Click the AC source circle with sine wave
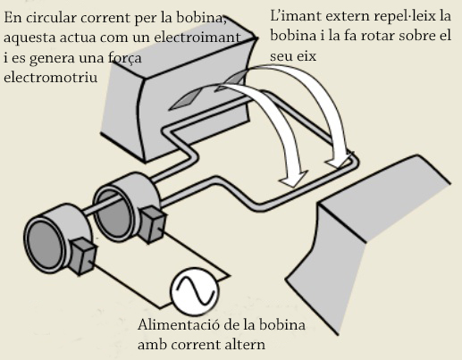click(194, 291)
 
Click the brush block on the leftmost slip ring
click(85, 256)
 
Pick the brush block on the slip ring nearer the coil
click(153, 224)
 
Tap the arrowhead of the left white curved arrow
click(293, 179)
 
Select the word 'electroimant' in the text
click(197, 38)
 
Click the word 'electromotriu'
click(51, 77)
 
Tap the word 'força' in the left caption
click(125, 58)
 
